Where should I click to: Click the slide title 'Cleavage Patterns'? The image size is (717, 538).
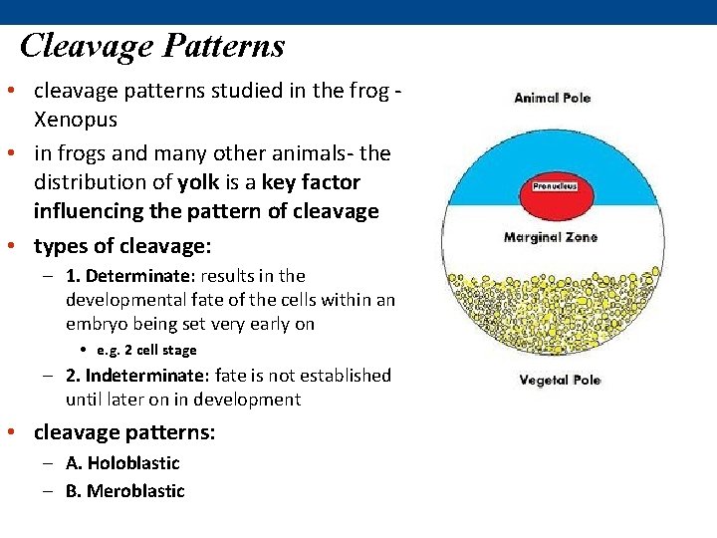pos(152,46)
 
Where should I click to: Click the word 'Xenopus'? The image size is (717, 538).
pos(76,120)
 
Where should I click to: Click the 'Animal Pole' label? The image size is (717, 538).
pos(552,98)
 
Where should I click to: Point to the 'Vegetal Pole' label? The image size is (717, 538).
pos(559,380)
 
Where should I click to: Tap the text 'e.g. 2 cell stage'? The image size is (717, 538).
pos(146,350)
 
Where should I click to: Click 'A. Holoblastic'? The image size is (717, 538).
pos(122,463)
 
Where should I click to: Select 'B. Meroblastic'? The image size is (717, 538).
pos(125,491)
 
